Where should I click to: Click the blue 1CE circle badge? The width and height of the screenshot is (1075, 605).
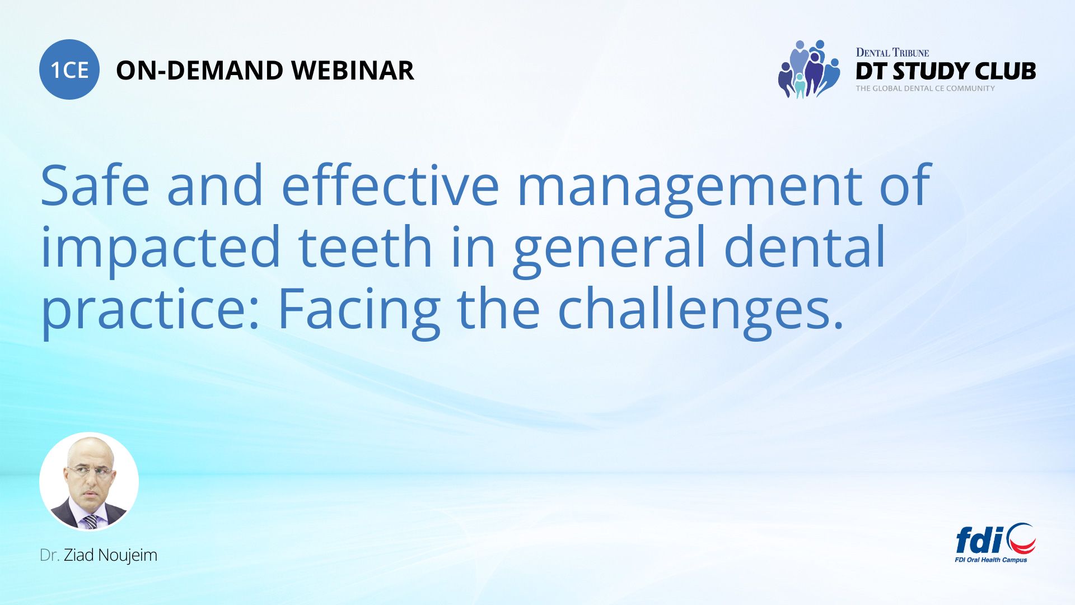[x=69, y=69]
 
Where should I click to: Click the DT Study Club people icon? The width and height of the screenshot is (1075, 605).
[x=809, y=69]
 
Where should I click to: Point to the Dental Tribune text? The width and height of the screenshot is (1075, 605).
[x=892, y=53]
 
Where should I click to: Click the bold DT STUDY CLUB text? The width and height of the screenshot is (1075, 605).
[x=946, y=71]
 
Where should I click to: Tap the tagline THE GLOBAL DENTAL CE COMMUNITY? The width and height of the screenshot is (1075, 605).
[x=925, y=89]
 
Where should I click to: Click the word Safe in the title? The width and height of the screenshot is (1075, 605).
[x=95, y=185]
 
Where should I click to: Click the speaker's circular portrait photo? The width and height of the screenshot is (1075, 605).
[x=89, y=482]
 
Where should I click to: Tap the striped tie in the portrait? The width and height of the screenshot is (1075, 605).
[x=90, y=522]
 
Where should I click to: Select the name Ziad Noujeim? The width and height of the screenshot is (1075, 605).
[x=110, y=555]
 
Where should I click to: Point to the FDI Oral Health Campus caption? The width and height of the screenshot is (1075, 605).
[x=991, y=560]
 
